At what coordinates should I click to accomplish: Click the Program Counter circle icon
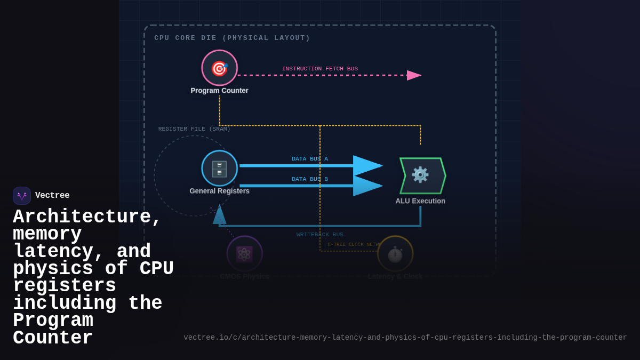click(x=219, y=68)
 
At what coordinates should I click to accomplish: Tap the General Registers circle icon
click(x=219, y=169)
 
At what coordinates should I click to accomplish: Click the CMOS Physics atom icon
click(x=244, y=254)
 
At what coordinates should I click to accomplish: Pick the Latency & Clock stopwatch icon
click(x=395, y=254)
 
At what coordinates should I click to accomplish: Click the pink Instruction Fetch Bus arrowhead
click(x=414, y=75)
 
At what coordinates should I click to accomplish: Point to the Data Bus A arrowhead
click(x=367, y=166)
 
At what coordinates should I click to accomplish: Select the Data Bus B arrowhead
click(x=367, y=186)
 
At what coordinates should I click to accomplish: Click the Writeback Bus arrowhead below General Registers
click(x=219, y=215)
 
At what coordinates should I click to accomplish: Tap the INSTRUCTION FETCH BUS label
click(x=320, y=69)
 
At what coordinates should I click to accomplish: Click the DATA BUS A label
click(x=310, y=159)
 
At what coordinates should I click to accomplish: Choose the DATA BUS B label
click(x=310, y=179)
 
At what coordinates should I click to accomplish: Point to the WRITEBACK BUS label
click(x=320, y=235)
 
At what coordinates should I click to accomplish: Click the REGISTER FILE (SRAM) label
click(x=194, y=129)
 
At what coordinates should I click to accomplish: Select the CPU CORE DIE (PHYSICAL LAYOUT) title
click(x=232, y=38)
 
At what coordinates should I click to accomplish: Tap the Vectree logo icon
click(x=22, y=196)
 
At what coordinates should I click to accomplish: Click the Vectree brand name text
click(x=52, y=196)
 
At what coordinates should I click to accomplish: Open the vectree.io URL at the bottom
click(x=405, y=338)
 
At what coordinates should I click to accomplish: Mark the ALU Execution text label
click(x=420, y=201)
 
